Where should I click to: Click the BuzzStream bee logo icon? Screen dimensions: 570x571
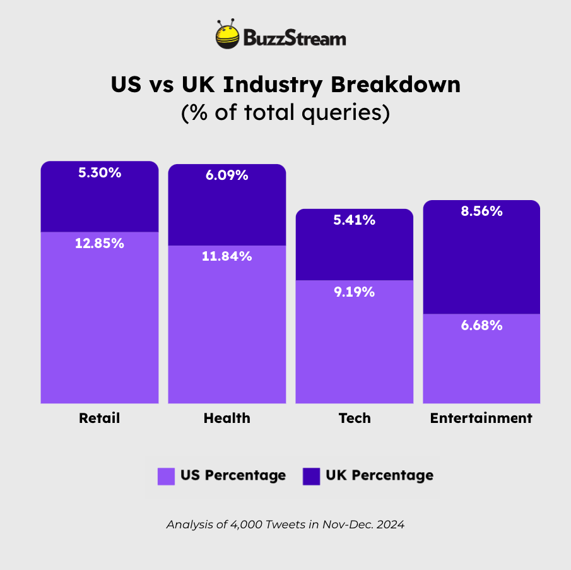[228, 37]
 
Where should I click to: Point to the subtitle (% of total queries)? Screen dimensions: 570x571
[285, 112]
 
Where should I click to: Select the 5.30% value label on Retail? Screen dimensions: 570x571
[100, 172]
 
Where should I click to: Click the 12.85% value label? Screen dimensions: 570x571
[100, 243]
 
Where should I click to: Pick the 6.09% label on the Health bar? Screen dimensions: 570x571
[227, 175]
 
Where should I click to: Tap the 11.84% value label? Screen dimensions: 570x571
[227, 256]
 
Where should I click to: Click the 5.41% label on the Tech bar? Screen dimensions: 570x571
[354, 220]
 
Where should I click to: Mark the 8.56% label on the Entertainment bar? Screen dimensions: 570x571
[481, 212]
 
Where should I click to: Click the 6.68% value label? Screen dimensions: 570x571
[481, 326]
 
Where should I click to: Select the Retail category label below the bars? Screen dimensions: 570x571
[99, 418]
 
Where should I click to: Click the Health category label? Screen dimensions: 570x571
[227, 418]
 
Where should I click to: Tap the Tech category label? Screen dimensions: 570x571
[354, 418]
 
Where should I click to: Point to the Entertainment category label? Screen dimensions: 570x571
[481, 418]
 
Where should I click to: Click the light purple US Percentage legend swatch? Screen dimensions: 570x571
[166, 476]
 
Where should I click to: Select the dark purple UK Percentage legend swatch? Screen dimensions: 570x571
[312, 476]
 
